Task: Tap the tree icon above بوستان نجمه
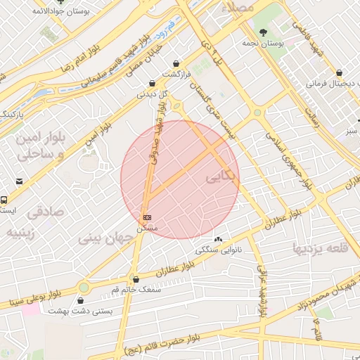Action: (263, 32)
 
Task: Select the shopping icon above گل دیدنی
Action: (153, 83)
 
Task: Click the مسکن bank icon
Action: (147, 218)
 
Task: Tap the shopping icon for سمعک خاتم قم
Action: (136, 279)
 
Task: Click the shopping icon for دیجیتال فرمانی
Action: (340, 72)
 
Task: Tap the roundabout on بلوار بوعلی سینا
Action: (84, 287)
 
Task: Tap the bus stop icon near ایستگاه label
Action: (4, 200)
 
